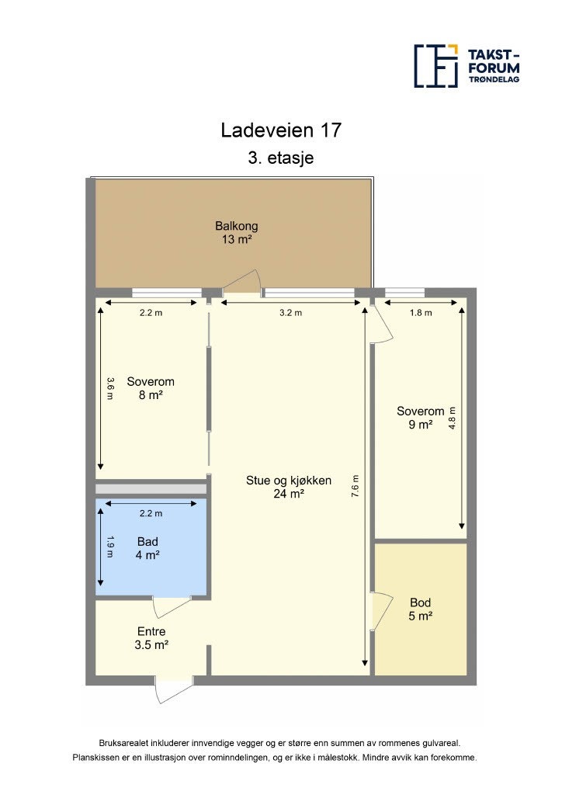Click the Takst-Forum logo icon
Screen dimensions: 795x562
click(435, 65)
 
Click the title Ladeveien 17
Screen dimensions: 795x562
click(280, 130)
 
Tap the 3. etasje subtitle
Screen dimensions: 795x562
click(280, 158)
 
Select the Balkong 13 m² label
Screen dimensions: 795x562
click(237, 233)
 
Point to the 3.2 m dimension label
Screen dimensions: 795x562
click(290, 313)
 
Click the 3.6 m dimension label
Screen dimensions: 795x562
click(110, 389)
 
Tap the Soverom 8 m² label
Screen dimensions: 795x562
click(151, 388)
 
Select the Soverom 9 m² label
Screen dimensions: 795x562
click(420, 418)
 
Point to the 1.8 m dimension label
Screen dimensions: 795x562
click(420, 313)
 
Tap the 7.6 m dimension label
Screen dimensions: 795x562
click(356, 486)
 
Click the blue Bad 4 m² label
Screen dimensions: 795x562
click(147, 548)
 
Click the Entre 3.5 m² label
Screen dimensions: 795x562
click(151, 637)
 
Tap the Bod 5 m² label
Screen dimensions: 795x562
click(421, 609)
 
